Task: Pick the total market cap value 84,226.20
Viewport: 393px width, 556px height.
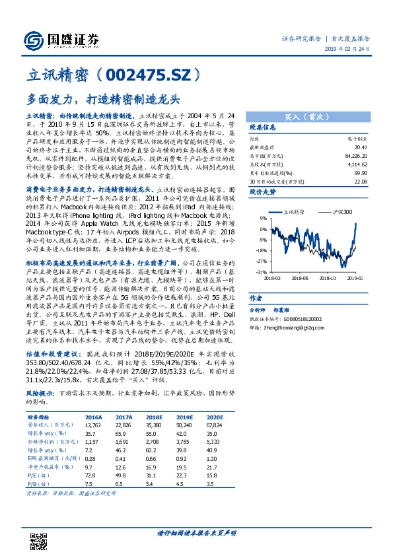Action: click(355, 156)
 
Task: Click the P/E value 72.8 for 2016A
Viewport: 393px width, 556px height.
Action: click(90, 474)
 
